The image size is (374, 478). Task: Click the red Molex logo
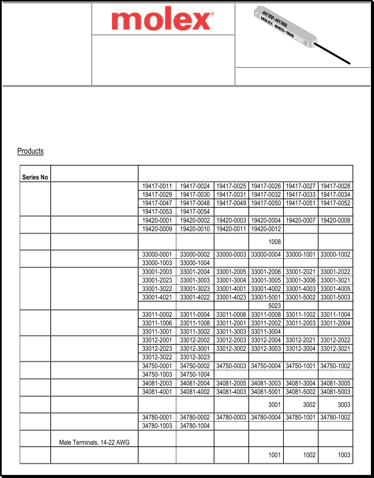pos(163,19)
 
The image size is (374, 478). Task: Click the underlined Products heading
pos(30,151)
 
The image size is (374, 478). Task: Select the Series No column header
pos(35,177)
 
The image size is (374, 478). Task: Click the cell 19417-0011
pos(157,186)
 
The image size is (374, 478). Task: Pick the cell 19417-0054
pos(195,211)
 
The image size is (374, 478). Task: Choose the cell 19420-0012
pos(266,229)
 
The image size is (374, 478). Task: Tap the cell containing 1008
pos(274,242)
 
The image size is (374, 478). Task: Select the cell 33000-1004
pos(195,263)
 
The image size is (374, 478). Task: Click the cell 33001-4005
pos(335,289)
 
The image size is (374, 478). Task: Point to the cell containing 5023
pos(274,305)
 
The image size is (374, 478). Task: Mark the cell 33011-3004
pos(266,331)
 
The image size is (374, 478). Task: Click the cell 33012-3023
pos(195,357)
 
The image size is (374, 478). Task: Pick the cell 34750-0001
pos(157,366)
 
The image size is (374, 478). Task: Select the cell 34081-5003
pos(335,392)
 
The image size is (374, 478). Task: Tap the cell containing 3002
pos(309,405)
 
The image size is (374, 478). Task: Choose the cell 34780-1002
pos(335,417)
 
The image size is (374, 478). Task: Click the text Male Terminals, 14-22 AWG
pos(94,442)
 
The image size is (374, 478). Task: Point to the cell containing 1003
pos(344,455)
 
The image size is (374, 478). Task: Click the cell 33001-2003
pos(157,272)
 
